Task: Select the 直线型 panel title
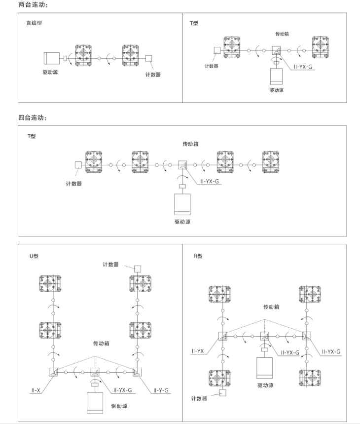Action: tap(34, 23)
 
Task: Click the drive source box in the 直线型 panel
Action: tap(52, 59)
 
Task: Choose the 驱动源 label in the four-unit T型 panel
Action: tap(182, 222)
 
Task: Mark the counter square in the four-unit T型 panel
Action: tap(77, 165)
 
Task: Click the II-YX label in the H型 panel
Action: tap(199, 351)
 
